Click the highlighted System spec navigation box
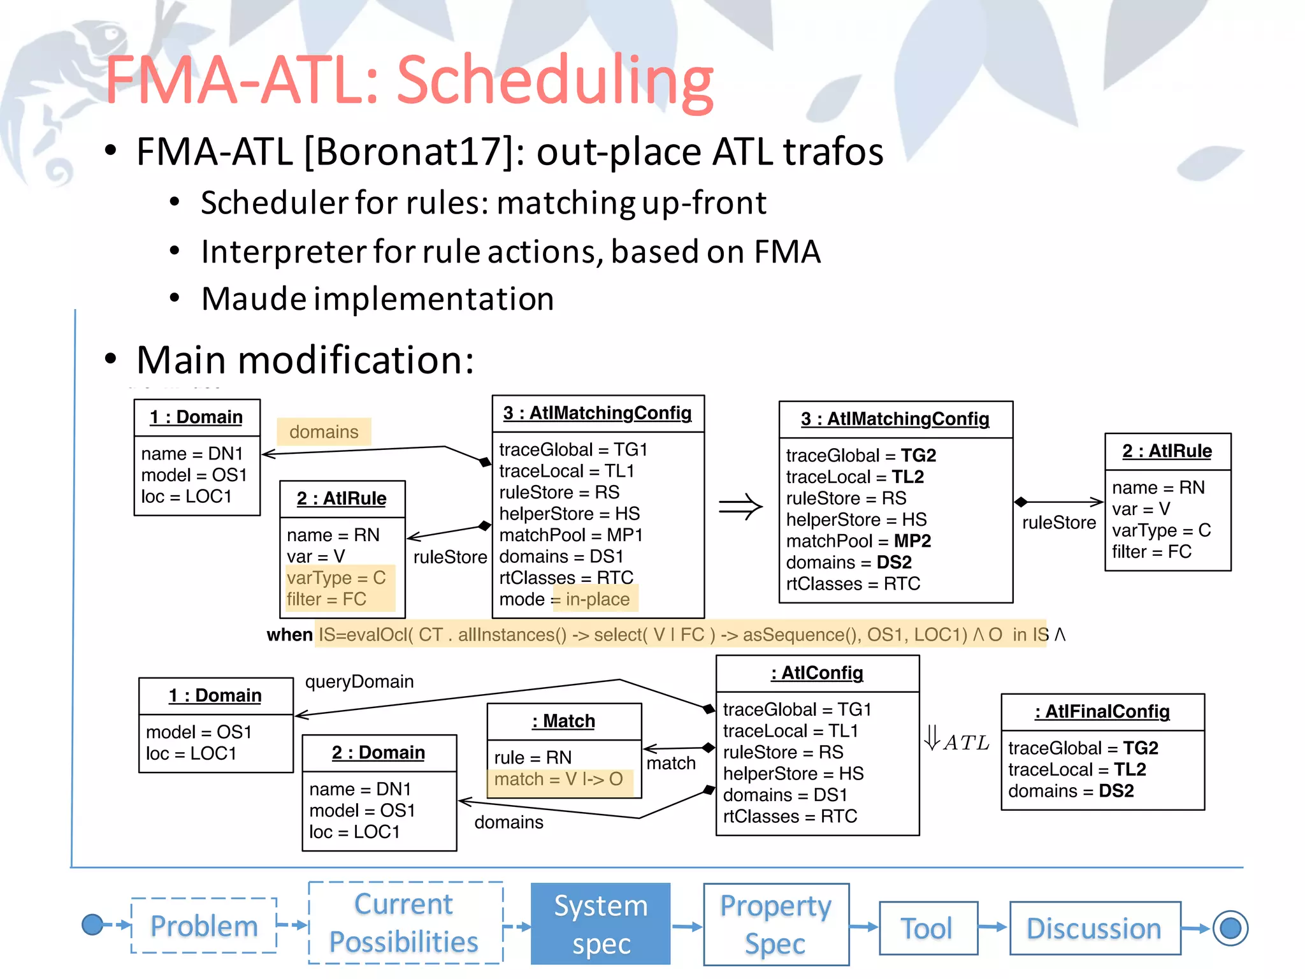600,924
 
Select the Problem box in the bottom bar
204,925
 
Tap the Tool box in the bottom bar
928,928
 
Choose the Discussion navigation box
1094,928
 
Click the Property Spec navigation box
775,924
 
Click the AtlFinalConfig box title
1102,711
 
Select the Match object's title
564,721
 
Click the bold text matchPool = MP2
858,541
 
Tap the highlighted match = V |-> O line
559,779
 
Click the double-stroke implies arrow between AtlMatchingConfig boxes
740,507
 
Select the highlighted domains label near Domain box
324,431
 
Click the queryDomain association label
359,681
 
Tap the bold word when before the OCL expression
289,635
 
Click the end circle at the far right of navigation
1230,928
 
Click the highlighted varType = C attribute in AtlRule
336,577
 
